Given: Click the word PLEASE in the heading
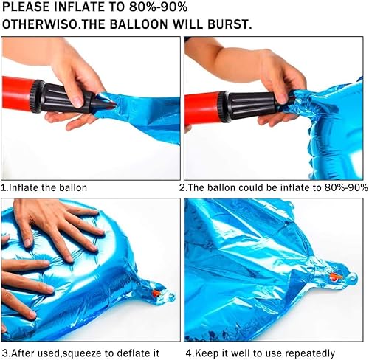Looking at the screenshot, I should click(28, 8).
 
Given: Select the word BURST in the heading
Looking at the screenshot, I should click(230, 24).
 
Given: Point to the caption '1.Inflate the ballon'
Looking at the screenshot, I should click(44, 187).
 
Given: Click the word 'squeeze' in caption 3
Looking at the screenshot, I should click(88, 353).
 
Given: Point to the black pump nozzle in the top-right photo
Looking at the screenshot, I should click(251, 105).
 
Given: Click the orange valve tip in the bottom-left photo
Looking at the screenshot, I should click(155, 294).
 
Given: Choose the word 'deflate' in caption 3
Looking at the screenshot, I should click(139, 353).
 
